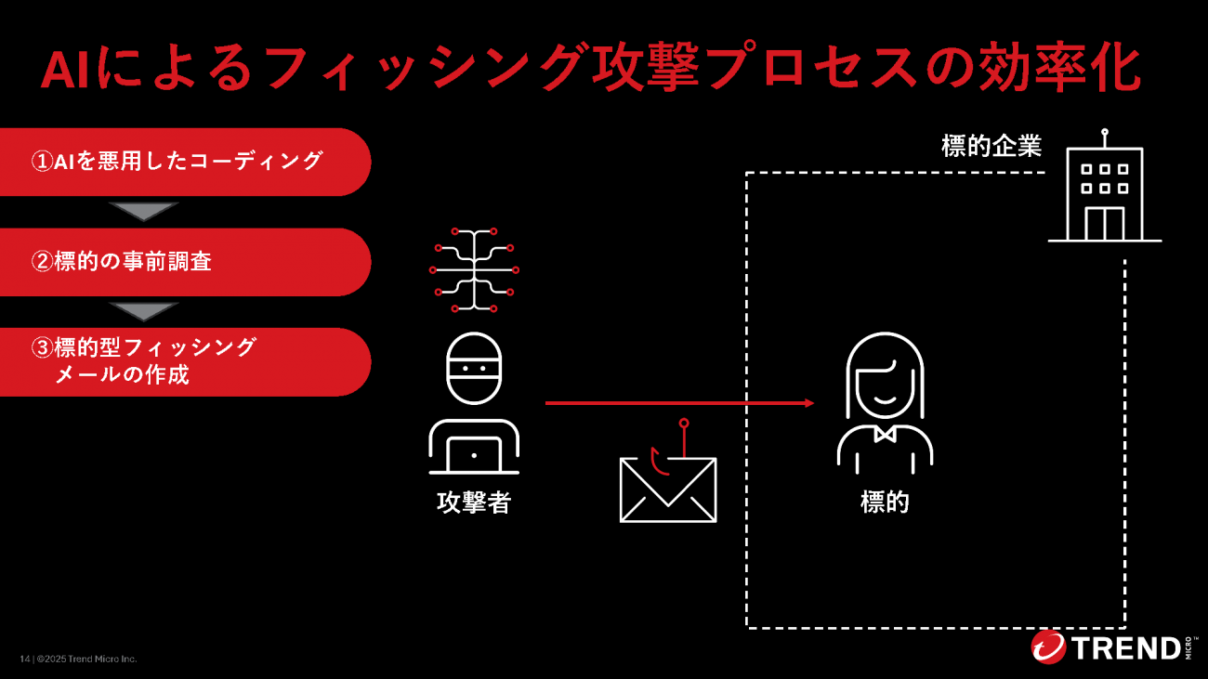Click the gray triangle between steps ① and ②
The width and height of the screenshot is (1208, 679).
pyautogui.click(x=142, y=212)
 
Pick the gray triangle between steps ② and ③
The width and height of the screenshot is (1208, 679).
pyautogui.click(x=142, y=311)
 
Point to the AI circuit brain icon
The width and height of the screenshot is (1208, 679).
pyautogui.click(x=474, y=268)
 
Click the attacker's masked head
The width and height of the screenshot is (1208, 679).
pyautogui.click(x=474, y=368)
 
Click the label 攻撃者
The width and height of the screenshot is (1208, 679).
pyautogui.click(x=474, y=503)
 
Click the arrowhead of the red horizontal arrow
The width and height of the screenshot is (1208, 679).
pyautogui.click(x=808, y=403)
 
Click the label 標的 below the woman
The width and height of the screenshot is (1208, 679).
pyautogui.click(x=885, y=503)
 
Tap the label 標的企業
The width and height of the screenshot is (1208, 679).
pyautogui.click(x=991, y=147)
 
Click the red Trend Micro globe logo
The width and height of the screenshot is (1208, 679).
pyautogui.click(x=1048, y=646)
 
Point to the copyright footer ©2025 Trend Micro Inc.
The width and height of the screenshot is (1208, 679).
pyautogui.click(x=85, y=659)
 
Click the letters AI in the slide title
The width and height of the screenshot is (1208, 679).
pyautogui.click(x=69, y=69)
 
